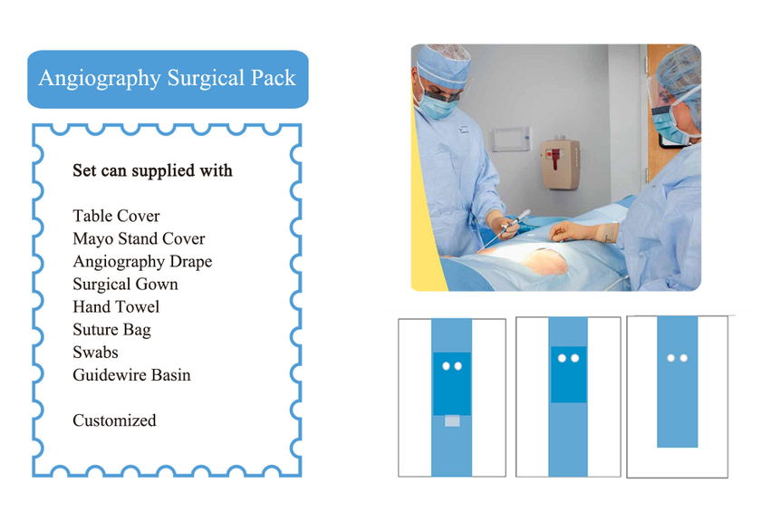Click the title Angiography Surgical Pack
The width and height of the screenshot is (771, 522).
coord(168,78)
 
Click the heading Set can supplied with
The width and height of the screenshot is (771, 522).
coord(152,170)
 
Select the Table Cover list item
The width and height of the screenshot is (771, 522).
coord(116,216)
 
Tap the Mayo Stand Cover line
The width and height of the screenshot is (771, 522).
coord(139,238)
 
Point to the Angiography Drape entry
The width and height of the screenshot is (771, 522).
coord(142,262)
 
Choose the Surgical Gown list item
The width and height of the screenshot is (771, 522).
coord(125,285)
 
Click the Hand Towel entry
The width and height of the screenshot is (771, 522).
coord(116,307)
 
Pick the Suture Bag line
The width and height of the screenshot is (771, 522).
coord(111,330)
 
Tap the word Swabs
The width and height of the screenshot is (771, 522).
coord(95,353)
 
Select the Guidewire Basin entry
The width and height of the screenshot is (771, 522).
coord(131,375)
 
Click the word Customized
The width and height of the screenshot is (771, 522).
coord(114,420)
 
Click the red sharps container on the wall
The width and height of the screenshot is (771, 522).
coord(560,165)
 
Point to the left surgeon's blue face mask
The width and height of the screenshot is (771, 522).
coord(434,107)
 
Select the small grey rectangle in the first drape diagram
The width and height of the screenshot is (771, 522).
coord(452,420)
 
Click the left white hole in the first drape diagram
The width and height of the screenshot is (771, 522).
coord(446,366)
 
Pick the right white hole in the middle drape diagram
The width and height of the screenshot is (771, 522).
coord(574,358)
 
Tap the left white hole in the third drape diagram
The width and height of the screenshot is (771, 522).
coord(670,358)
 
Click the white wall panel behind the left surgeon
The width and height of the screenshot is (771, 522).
coord(511,139)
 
